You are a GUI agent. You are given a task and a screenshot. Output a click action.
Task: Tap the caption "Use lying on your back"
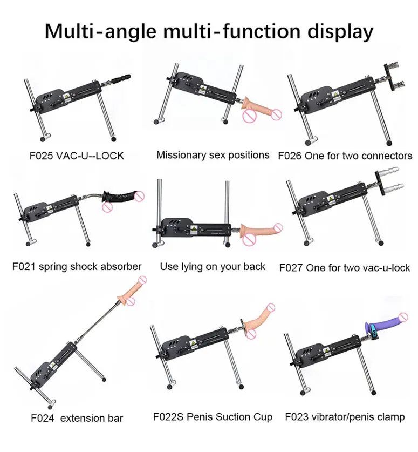(213, 267)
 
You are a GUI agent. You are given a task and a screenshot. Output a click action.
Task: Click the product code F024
(43, 418)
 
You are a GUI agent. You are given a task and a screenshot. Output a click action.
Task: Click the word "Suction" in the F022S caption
(232, 417)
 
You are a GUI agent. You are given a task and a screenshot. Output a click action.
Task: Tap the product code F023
(297, 417)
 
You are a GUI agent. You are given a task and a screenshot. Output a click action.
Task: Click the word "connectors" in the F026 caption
(386, 156)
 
